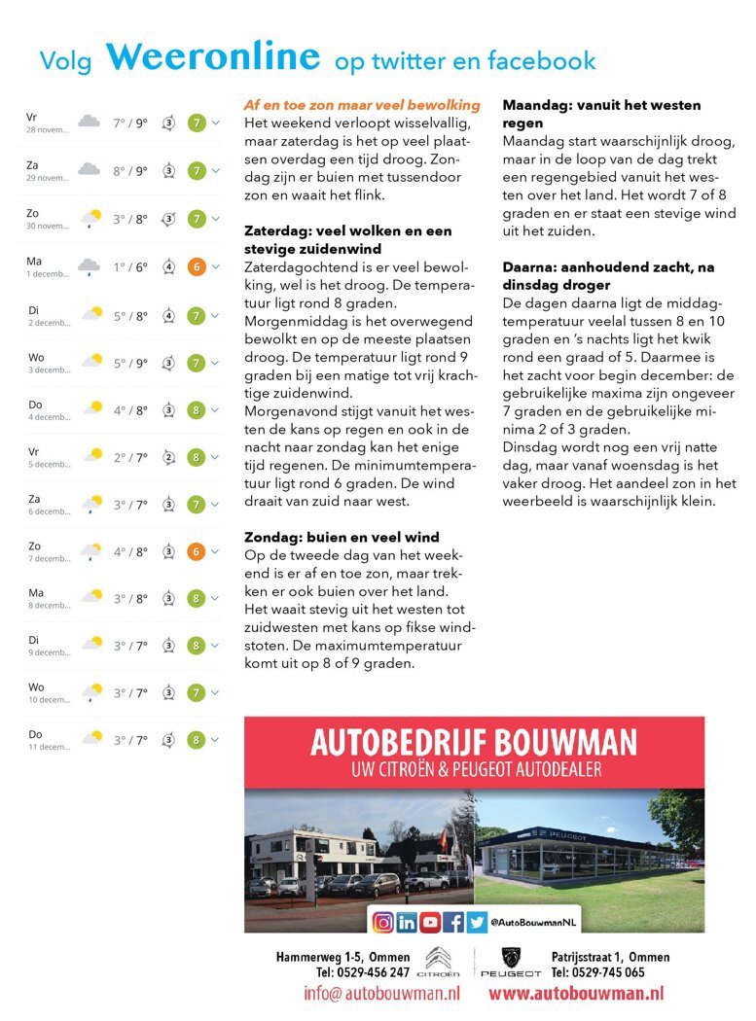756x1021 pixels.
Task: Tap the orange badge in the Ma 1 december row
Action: [196, 266]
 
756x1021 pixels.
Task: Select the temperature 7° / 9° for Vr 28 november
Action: [129, 123]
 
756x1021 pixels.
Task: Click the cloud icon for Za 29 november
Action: [89, 170]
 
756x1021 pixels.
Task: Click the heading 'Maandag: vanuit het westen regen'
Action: [601, 114]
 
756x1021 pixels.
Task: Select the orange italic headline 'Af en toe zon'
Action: [362, 105]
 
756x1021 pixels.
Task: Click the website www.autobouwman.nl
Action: [576, 994]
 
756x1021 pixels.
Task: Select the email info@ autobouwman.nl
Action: [381, 994]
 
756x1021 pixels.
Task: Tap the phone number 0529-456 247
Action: [362, 972]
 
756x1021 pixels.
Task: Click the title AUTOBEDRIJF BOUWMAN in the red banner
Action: [474, 744]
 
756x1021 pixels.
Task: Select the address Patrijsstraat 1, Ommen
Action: [610, 957]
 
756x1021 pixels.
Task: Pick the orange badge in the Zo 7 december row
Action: [196, 551]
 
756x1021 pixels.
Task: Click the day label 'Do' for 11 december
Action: [35, 734]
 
